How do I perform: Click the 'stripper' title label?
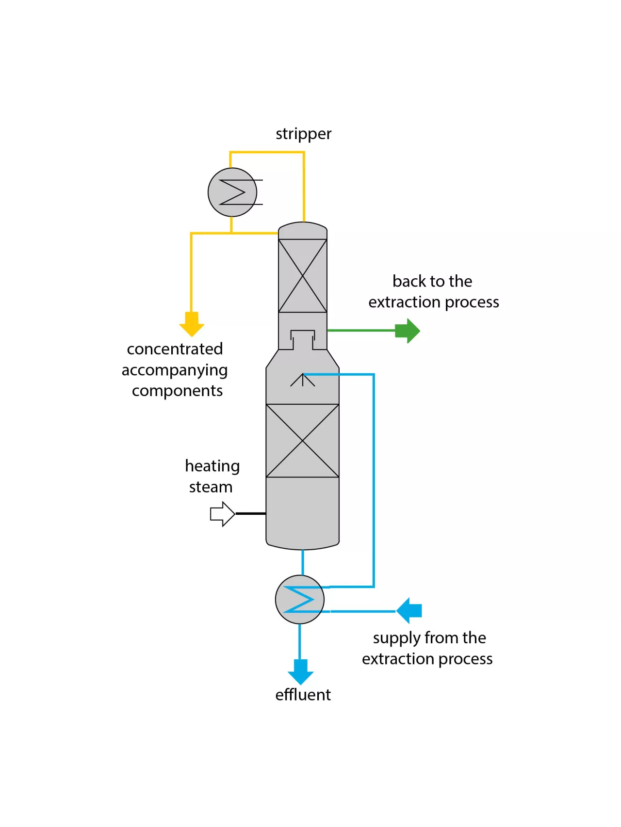coord(303,134)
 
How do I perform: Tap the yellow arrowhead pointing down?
coord(192,325)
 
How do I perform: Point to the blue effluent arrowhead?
coord(300,672)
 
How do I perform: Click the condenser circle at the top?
coord(232,192)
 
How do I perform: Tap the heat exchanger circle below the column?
coord(299,599)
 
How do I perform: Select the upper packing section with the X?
coord(302,275)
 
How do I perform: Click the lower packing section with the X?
coord(302,440)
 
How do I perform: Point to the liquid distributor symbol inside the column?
coord(302,380)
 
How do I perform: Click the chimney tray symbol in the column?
coord(302,338)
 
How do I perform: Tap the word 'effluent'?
coord(303,695)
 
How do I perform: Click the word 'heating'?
coord(212,466)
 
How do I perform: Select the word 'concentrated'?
coord(175,349)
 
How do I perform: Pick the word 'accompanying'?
coord(175,370)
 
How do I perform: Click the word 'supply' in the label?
coord(396,638)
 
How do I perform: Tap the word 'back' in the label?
coord(409,281)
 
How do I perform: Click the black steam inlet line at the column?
coord(250,513)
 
